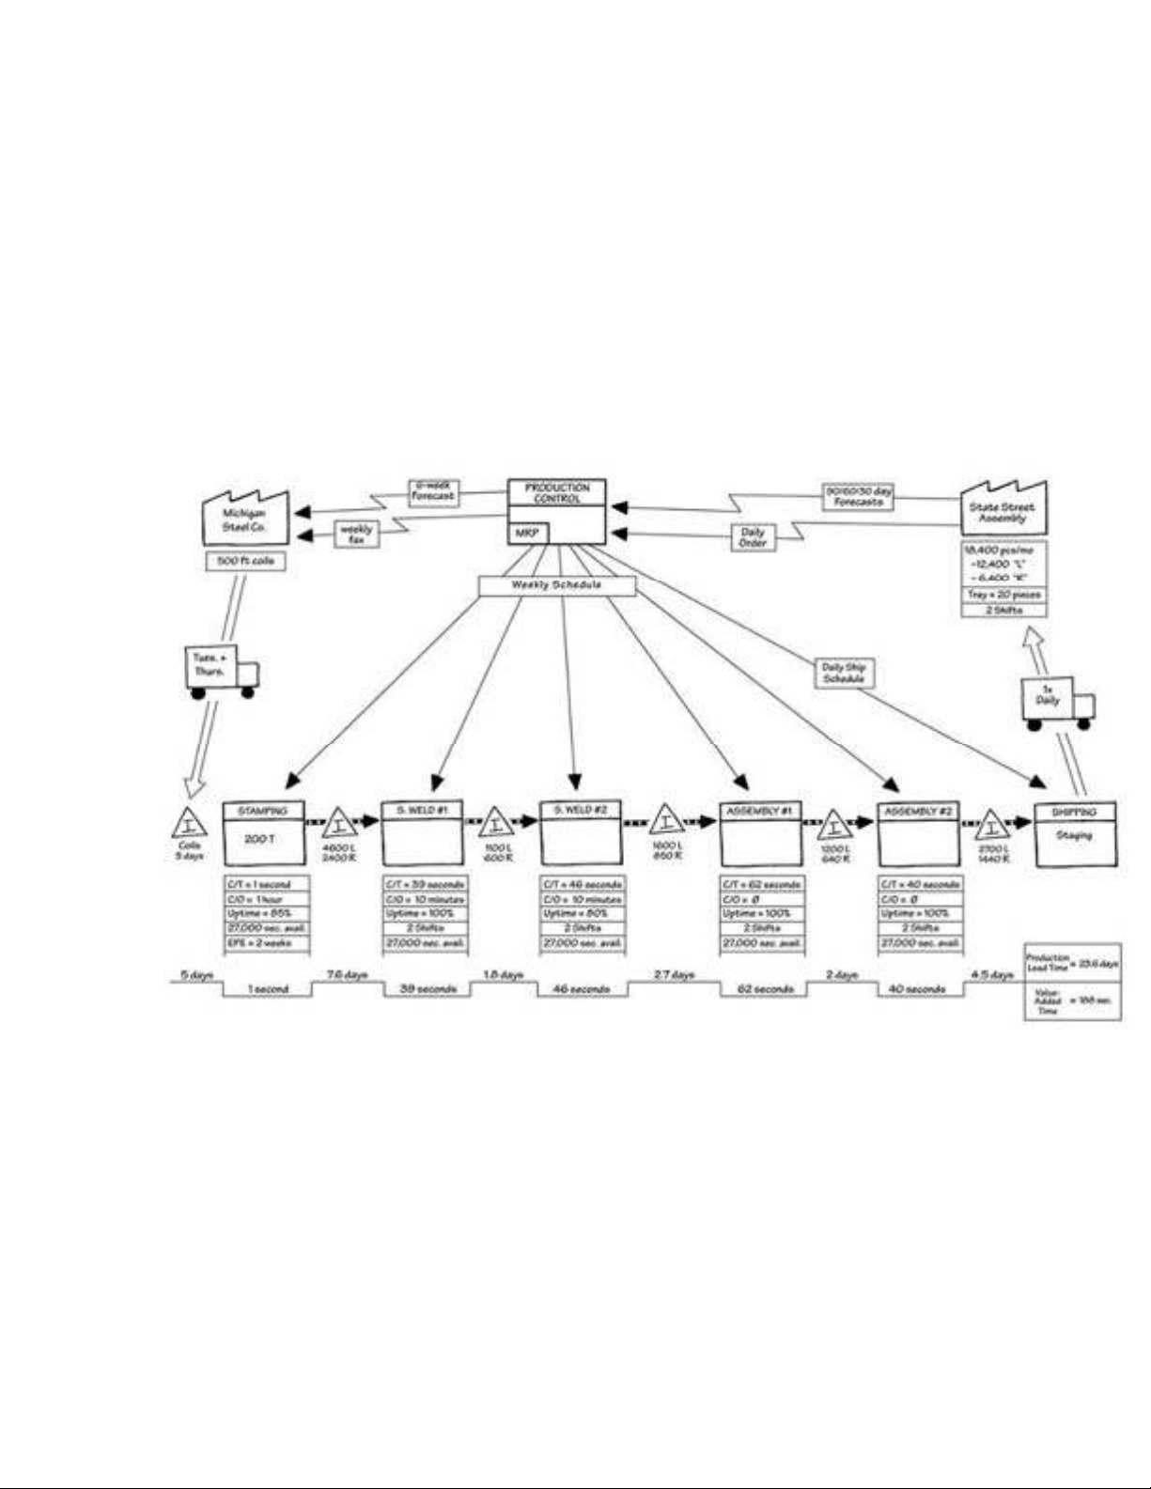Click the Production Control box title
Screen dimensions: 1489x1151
click(556, 493)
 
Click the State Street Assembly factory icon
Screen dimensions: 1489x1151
click(1003, 511)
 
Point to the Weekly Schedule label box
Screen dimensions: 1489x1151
click(556, 585)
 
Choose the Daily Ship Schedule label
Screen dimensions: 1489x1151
click(844, 673)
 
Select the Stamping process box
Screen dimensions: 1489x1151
click(262, 833)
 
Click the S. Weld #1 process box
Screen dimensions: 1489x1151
click(422, 833)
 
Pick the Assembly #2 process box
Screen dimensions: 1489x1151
click(919, 833)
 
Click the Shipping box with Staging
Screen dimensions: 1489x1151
click(1075, 833)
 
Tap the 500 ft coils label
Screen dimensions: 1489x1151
click(244, 561)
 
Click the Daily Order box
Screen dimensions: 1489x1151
click(753, 537)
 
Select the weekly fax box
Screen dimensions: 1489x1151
click(356, 535)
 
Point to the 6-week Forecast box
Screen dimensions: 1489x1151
click(433, 491)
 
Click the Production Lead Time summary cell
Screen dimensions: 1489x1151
click(1072, 963)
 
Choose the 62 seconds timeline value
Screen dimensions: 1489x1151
click(765, 989)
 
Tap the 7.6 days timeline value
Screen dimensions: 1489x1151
click(347, 975)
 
